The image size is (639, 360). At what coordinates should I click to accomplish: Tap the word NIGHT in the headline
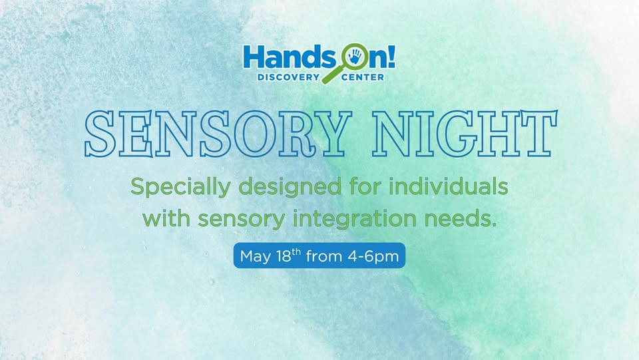tap(465, 134)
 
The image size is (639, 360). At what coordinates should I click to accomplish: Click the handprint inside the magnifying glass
tap(355, 57)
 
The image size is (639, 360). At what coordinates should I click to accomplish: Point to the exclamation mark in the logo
tap(391, 56)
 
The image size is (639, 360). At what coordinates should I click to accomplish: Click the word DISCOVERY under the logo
tap(288, 77)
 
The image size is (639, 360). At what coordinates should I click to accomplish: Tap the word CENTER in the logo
tap(363, 77)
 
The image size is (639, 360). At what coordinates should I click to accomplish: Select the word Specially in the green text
tap(180, 188)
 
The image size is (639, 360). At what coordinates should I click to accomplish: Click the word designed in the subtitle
tap(290, 188)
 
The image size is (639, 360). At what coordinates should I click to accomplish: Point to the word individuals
tap(449, 186)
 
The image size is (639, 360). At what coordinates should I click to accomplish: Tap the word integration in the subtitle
tap(355, 220)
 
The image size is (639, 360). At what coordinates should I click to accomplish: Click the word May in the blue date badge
tap(256, 257)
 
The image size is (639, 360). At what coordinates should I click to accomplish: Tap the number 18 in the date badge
tap(284, 256)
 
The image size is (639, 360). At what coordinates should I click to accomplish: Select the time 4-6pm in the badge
tap(373, 257)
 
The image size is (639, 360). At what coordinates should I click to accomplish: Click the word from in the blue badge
tap(324, 256)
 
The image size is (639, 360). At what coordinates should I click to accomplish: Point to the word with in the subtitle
tap(166, 219)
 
